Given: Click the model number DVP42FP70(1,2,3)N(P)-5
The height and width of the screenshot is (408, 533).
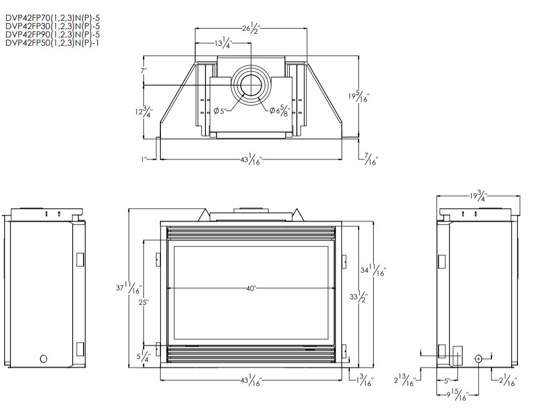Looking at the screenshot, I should coord(52,18).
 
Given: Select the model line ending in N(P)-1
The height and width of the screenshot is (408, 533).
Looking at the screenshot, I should coord(52,43).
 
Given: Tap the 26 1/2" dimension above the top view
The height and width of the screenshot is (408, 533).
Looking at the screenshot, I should coord(251,29).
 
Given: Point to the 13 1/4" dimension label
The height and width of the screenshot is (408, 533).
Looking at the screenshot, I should coord(224,43).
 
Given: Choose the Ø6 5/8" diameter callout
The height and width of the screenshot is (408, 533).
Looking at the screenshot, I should coord(279,111).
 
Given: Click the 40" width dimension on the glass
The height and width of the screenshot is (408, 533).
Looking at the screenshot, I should coord(251,289).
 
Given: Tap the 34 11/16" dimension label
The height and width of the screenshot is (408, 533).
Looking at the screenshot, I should coord(373,270).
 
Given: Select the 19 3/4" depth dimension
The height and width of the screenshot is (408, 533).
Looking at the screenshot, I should coord(477,196).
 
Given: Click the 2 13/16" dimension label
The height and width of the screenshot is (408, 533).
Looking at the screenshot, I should coord(404,381).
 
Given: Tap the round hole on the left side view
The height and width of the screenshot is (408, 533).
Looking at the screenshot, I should coord(44,358).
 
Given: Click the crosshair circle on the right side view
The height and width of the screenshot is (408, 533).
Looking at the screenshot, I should coord(478,359).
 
